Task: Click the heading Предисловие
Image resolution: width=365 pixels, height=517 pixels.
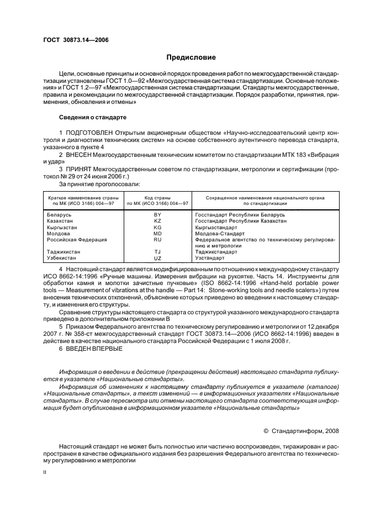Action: (x=191, y=57)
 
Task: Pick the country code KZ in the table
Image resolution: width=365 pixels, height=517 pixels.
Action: (x=157, y=220)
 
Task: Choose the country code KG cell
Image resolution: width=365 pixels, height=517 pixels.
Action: (x=157, y=226)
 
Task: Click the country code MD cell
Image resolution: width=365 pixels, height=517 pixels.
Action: (x=157, y=233)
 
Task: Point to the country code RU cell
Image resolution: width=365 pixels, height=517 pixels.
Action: (x=157, y=240)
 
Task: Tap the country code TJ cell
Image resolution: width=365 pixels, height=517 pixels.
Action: (x=157, y=252)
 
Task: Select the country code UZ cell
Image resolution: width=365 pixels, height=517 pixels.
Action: (x=157, y=258)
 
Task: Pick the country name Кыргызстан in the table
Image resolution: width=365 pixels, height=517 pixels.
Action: (x=62, y=226)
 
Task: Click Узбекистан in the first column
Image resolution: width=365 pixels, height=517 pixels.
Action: (x=62, y=258)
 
